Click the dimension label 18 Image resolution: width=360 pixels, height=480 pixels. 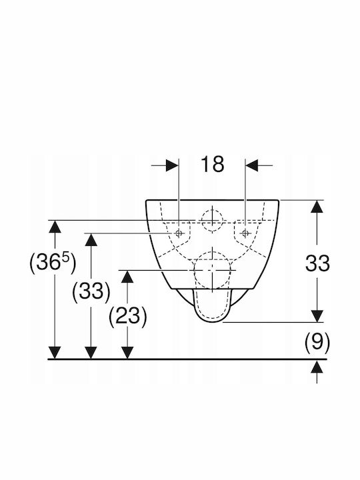coord(213,164)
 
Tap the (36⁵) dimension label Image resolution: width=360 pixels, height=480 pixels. coord(53,263)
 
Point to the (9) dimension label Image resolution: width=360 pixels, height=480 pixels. coord(317,341)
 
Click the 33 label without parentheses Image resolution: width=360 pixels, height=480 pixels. coord(317,263)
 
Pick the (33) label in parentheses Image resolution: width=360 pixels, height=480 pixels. coord(91,291)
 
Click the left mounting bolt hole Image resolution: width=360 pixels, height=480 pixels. coord(179,233)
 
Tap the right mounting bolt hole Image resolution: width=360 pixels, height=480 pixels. coord(245,233)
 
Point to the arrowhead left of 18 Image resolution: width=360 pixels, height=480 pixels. coord(172,165)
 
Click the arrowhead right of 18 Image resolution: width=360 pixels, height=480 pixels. coord(251,165)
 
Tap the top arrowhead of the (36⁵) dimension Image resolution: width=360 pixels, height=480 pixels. coord(55,227)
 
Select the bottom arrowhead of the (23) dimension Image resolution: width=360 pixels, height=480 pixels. coord(127,353)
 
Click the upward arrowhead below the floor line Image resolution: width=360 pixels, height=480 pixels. coord(317,367)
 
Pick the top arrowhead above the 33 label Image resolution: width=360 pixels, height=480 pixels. coord(317,207)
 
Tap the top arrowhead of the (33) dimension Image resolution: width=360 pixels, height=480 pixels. coord(91,240)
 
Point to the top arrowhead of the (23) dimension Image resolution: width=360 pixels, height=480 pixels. coord(127,277)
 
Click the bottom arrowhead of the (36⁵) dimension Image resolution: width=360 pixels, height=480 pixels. coord(55,353)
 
